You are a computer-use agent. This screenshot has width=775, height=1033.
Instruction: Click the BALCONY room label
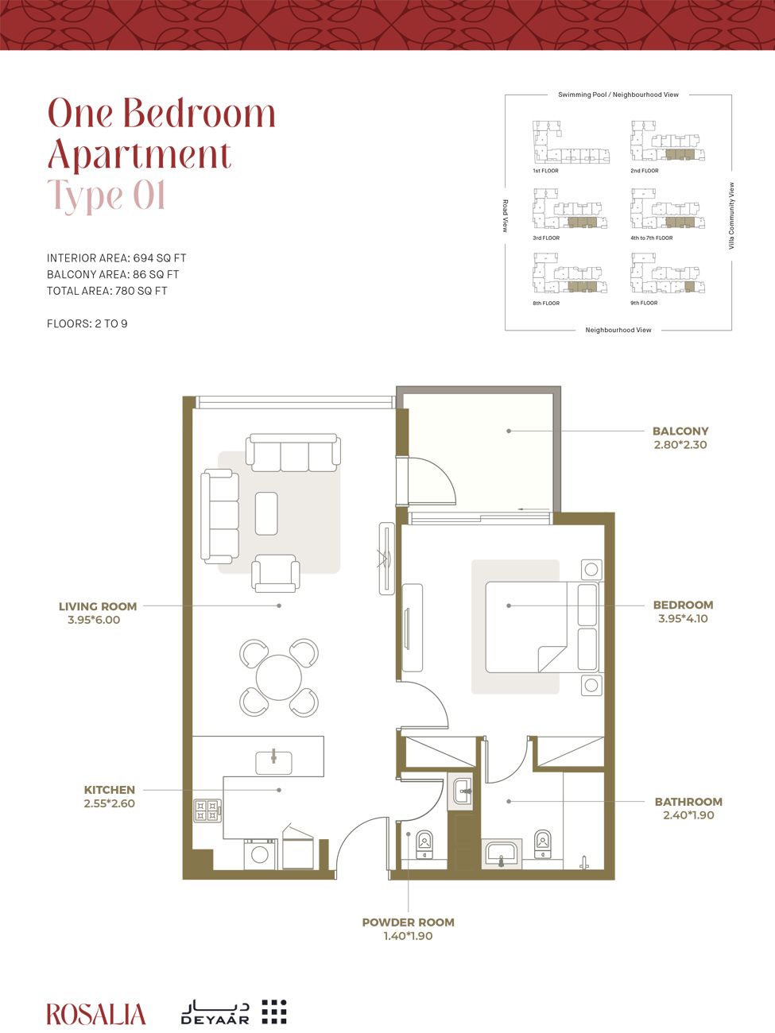[680, 431]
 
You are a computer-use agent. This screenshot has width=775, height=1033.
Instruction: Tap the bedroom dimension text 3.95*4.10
[683, 618]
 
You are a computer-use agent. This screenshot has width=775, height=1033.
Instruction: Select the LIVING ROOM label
[98, 606]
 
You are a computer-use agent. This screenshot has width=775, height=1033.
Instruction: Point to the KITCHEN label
[110, 790]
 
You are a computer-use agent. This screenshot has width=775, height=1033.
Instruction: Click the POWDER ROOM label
[408, 923]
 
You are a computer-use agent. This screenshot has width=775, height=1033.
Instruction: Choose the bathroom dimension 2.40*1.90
[688, 815]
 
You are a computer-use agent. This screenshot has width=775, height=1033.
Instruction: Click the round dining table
[279, 677]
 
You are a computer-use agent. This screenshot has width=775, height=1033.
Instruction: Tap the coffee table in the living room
[266, 513]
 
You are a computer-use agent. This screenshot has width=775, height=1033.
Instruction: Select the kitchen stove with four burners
[207, 811]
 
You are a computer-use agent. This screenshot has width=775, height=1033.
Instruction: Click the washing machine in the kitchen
[259, 854]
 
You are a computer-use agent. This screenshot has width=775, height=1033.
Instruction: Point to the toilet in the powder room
[424, 843]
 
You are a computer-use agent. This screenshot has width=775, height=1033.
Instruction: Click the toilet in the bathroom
[543, 843]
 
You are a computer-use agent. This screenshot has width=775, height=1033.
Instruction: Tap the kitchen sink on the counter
[273, 762]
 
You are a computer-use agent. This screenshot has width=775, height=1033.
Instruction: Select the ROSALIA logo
[96, 1014]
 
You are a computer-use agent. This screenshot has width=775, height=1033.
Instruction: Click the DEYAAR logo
[234, 1011]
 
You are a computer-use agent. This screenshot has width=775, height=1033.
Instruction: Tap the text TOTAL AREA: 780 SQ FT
[107, 291]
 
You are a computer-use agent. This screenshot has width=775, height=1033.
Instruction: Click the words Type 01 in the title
[107, 195]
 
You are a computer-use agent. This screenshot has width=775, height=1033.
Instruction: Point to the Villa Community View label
[731, 216]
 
